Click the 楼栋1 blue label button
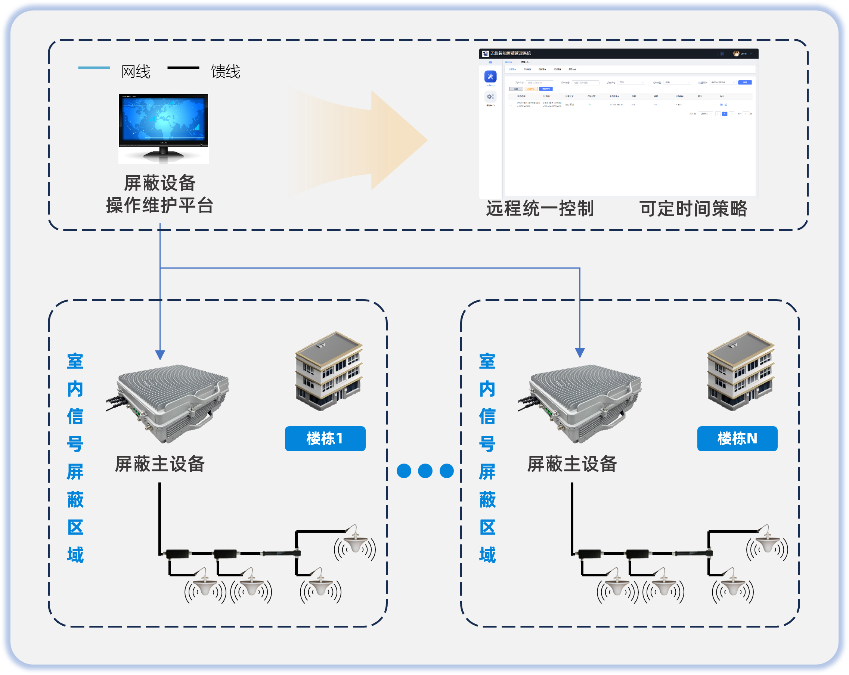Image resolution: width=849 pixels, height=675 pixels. coord(325,438)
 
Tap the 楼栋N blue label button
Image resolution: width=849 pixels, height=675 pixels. coord(737,438)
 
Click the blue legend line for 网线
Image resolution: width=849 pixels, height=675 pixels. coord(94,68)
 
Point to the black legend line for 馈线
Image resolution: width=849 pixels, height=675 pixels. coord(183,68)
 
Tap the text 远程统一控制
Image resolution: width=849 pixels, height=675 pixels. coord(539,208)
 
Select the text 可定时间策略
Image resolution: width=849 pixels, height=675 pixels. coord(693,208)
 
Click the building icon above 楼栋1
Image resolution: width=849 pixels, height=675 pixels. coord(329,371)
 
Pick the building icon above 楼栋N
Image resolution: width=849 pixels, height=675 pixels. coord(740,371)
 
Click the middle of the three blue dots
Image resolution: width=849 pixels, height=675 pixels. coord(425,471)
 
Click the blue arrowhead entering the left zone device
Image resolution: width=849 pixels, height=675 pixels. coord(160,354)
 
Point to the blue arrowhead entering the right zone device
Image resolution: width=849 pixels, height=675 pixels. coord(580,353)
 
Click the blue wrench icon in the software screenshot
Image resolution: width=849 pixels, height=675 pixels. coord(490,77)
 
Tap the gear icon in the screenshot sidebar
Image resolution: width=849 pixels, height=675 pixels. coord(490,96)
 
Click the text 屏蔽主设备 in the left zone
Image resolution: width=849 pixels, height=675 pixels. coord(159,464)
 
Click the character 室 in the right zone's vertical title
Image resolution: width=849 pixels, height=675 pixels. coord(487,361)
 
